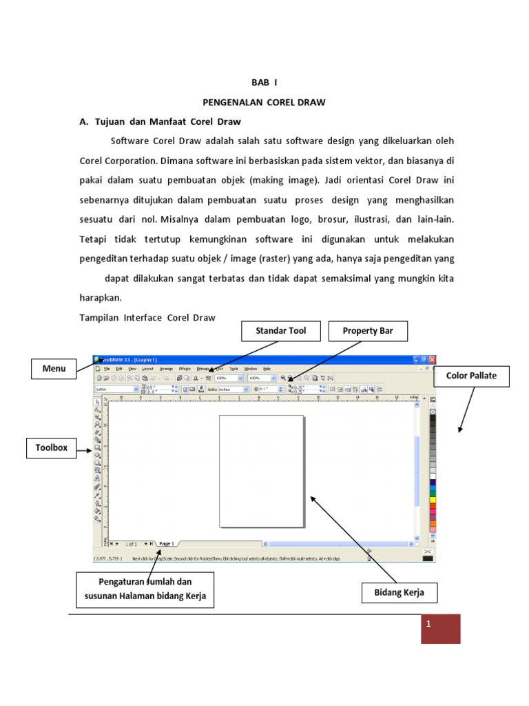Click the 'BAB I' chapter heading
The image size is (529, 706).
click(264, 82)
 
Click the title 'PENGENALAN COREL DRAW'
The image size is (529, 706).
click(264, 102)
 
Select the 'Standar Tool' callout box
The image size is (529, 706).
click(280, 331)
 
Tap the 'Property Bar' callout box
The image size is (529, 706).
click(368, 331)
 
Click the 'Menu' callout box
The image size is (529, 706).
click(54, 369)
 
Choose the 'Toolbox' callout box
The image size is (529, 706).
click(52, 448)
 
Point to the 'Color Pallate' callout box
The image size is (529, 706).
click(471, 376)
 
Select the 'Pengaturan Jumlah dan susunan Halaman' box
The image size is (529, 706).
click(145, 590)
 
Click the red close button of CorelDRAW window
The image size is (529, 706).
click(432, 359)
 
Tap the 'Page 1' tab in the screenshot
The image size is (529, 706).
click(166, 544)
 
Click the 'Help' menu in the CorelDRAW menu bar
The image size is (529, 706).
click(267, 369)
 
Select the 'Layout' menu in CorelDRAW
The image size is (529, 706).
click(147, 369)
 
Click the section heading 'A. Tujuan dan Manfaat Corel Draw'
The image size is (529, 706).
click(160, 121)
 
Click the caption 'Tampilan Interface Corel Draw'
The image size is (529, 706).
click(147, 318)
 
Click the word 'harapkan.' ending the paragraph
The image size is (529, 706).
click(101, 299)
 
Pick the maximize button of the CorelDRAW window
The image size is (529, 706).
click(424, 359)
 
